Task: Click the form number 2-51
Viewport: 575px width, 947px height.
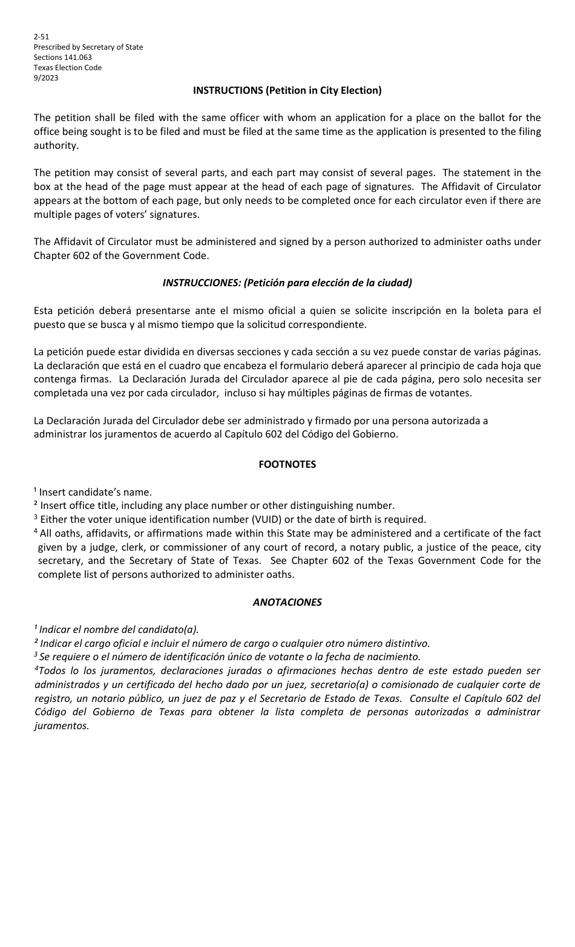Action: click(x=42, y=37)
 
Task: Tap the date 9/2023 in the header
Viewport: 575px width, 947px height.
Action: click(x=46, y=78)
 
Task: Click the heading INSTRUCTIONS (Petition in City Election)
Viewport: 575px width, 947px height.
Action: click(x=287, y=91)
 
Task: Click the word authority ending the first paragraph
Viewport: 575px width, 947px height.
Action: click(x=55, y=146)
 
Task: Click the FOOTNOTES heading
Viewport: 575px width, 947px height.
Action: click(x=287, y=465)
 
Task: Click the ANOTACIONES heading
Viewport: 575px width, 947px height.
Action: click(x=287, y=603)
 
